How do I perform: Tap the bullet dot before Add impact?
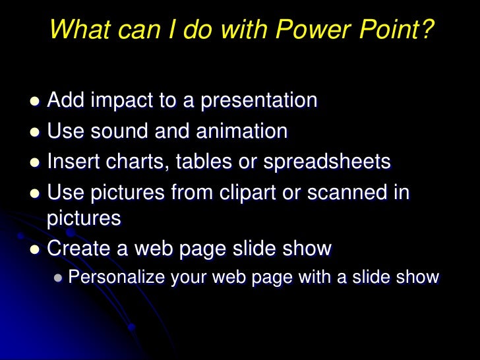coord(35,102)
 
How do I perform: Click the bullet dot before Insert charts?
coord(35,163)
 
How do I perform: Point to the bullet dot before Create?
coord(35,250)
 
